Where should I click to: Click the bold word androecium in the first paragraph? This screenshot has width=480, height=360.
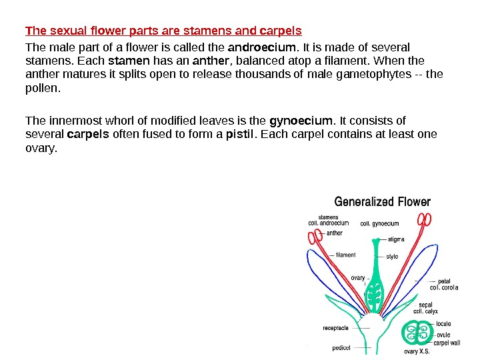(x=263, y=47)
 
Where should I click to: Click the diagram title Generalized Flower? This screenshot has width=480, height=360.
(x=382, y=201)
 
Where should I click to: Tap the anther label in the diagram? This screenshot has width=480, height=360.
(x=335, y=233)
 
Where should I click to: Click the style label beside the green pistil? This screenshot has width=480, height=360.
(x=392, y=256)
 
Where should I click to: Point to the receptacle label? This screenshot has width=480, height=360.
(x=336, y=327)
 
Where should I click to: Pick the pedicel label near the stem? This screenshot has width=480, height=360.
(x=342, y=347)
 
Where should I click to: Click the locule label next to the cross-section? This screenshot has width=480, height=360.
(x=443, y=324)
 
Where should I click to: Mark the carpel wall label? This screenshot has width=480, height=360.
(x=446, y=343)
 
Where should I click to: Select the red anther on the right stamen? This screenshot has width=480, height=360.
(x=425, y=219)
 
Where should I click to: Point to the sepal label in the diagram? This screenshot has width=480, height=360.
(x=425, y=305)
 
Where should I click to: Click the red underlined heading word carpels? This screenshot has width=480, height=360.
(x=284, y=31)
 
